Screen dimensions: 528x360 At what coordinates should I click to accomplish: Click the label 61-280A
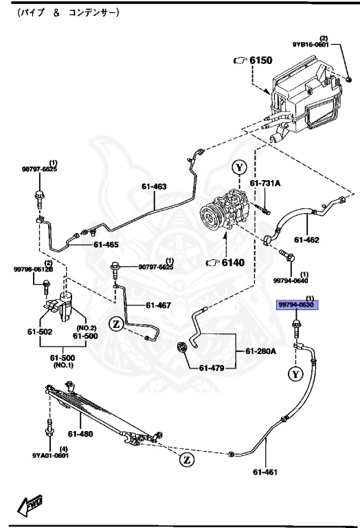(x=262, y=351)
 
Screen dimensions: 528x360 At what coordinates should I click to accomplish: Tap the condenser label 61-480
(x=80, y=433)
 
